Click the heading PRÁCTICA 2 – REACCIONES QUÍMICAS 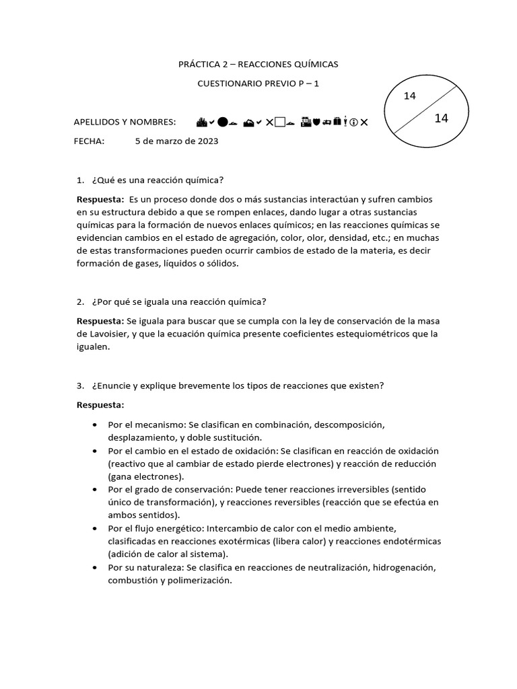258,64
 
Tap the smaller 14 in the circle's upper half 410,96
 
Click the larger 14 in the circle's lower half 442,118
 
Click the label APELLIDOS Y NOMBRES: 125,122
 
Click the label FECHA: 89,141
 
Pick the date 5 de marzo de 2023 176,141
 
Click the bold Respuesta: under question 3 100,405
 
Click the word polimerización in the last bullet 202,582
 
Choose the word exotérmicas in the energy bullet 261,542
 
